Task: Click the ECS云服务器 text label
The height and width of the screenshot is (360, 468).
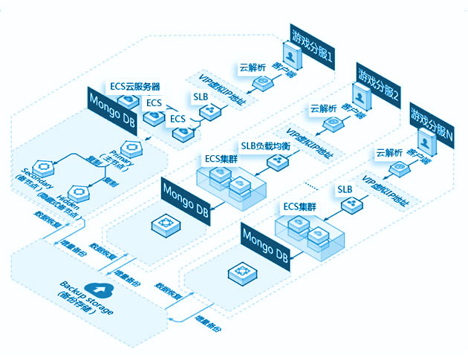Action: tap(134, 86)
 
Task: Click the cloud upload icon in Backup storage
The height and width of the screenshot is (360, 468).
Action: tap(95, 289)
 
